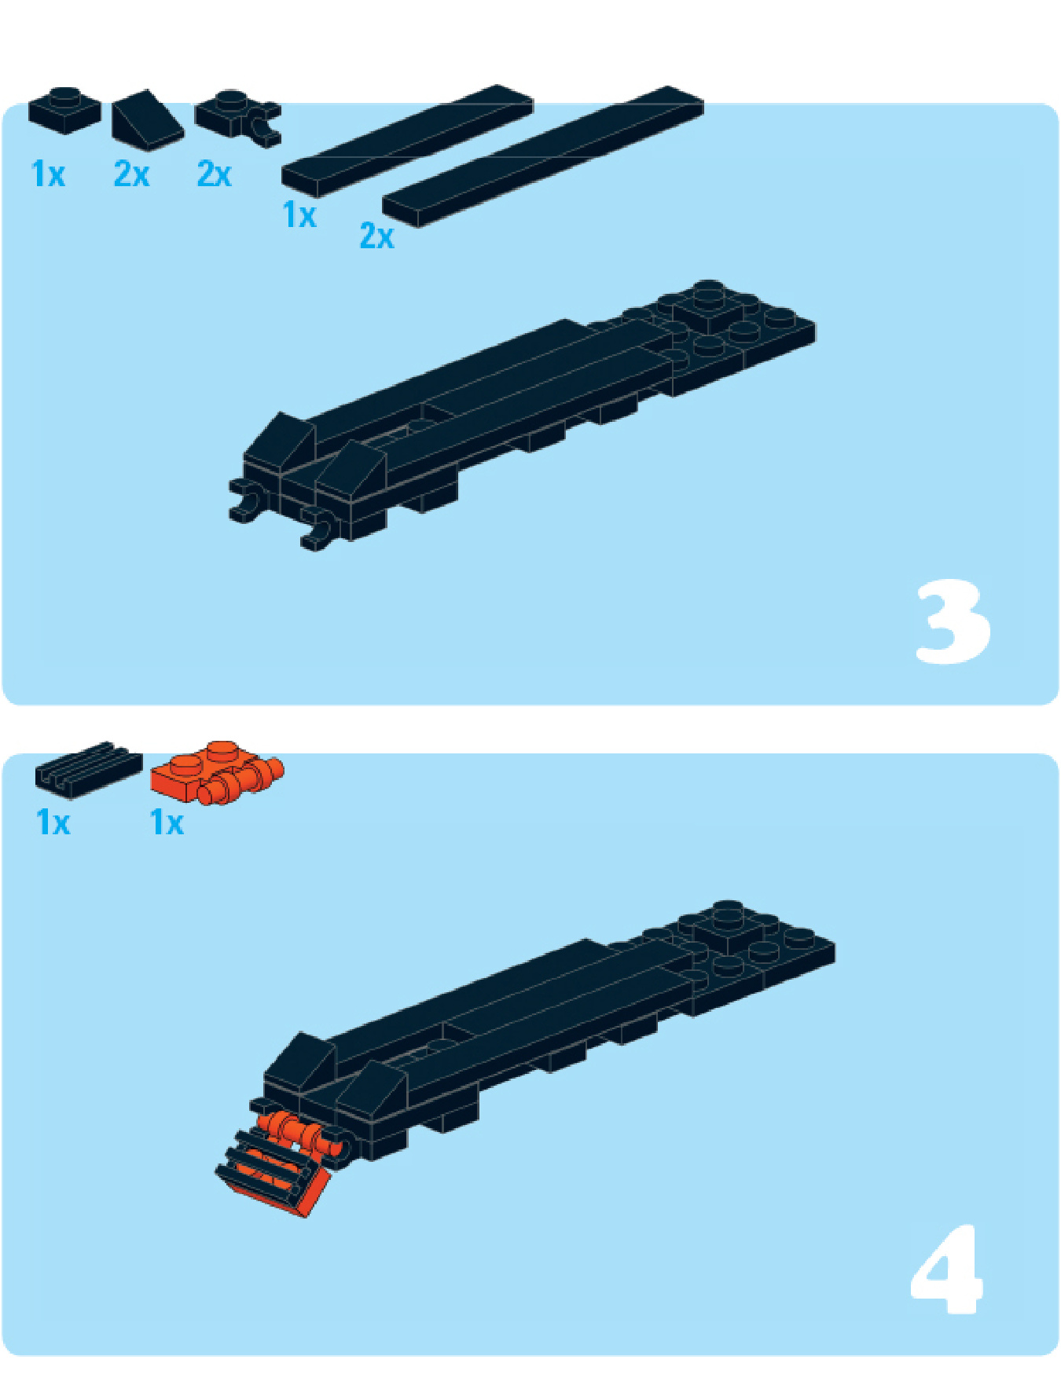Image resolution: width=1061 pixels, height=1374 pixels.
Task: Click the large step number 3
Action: pos(953,621)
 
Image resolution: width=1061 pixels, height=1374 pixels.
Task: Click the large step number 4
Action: pos(947,1270)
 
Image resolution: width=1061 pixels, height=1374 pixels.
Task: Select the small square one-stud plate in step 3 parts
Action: pos(64,110)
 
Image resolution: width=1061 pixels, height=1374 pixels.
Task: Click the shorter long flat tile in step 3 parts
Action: pos(407,138)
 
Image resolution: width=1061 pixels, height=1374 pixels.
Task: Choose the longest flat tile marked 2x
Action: pos(542,156)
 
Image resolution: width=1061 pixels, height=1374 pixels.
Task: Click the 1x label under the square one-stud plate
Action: pos(48,174)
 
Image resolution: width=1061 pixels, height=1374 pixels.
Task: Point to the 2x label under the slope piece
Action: pos(131,174)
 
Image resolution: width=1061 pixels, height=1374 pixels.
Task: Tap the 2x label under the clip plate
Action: pos(214,174)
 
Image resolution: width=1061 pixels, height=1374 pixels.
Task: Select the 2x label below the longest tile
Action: pos(376,236)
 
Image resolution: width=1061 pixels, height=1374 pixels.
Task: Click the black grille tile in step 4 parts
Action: pos(89,768)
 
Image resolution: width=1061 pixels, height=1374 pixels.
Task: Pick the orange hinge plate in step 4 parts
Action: pos(217,772)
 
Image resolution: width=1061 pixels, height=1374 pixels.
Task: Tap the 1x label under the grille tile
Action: pos(53,823)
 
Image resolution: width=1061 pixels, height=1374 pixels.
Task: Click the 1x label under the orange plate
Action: pos(167,823)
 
